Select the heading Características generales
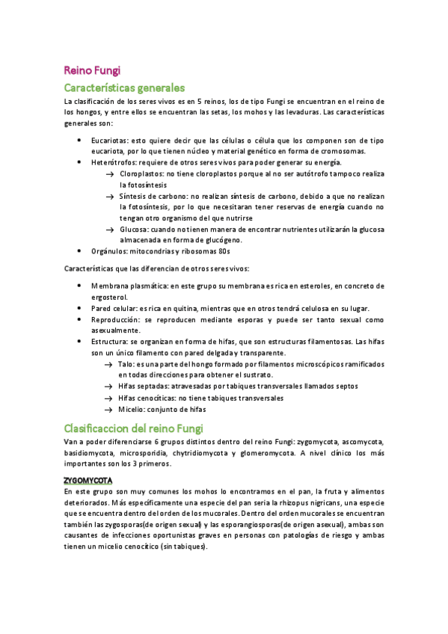[x=123, y=87]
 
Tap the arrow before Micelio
[x=110, y=409]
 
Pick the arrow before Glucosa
[x=110, y=229]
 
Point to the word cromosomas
[x=301, y=151]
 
